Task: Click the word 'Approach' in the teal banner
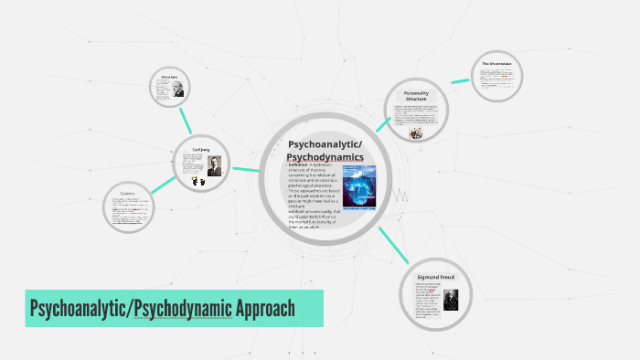pyautogui.click(x=264, y=308)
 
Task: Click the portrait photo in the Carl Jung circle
pyautogui.click(x=213, y=165)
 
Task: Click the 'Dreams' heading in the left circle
pyautogui.click(x=127, y=193)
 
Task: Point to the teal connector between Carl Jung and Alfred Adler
pyautogui.click(x=185, y=124)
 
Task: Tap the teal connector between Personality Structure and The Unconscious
pyautogui.click(x=459, y=82)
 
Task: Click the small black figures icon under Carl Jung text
pyautogui.click(x=197, y=180)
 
